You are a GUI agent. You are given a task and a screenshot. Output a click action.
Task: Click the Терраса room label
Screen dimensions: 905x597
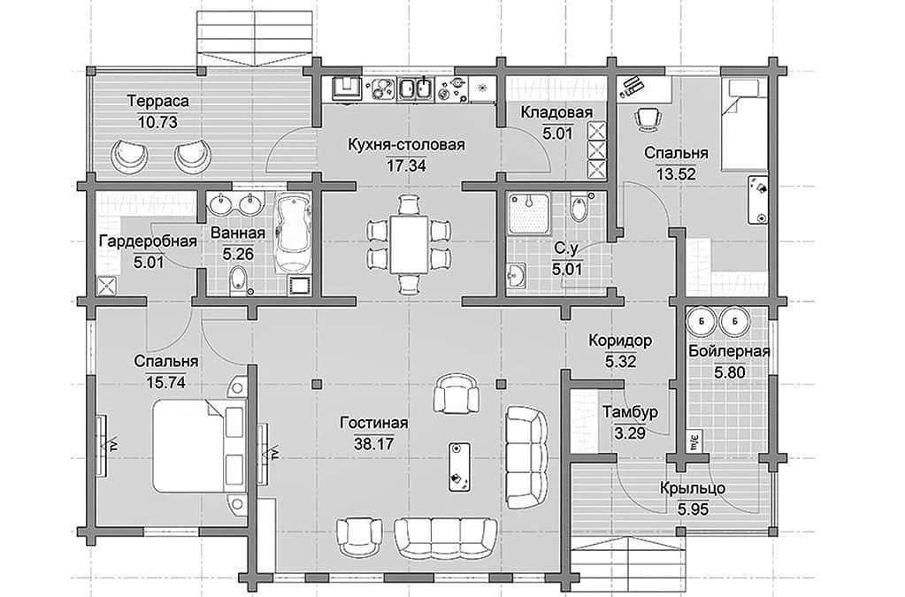[x=157, y=102]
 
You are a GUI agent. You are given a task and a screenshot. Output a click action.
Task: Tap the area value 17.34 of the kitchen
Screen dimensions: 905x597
[x=406, y=166]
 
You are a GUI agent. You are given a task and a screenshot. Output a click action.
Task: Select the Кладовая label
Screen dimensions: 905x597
[x=556, y=112]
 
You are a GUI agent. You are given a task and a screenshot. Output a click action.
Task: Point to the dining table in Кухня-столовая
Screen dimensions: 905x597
[x=409, y=245]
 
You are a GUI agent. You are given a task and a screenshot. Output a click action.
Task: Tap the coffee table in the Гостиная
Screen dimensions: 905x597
[x=459, y=467]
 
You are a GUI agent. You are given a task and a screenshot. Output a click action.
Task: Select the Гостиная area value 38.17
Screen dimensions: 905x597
[x=374, y=444]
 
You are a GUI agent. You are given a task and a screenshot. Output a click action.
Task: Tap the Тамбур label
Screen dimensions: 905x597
[x=630, y=412]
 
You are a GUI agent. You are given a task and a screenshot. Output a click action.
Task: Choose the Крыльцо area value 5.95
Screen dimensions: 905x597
[x=692, y=509]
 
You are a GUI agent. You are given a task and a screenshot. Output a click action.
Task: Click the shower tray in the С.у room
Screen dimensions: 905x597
[x=529, y=213]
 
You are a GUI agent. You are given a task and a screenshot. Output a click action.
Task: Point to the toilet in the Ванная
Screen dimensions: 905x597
[x=239, y=279]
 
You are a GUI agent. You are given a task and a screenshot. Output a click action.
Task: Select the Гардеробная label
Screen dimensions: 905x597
[x=149, y=241]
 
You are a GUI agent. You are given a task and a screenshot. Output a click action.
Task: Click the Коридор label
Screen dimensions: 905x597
[x=620, y=341]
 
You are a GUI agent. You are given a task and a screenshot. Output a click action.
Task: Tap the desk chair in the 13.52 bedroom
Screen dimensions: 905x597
[x=648, y=118]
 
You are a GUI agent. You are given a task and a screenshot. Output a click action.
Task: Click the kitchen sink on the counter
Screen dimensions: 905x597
[x=414, y=89]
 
